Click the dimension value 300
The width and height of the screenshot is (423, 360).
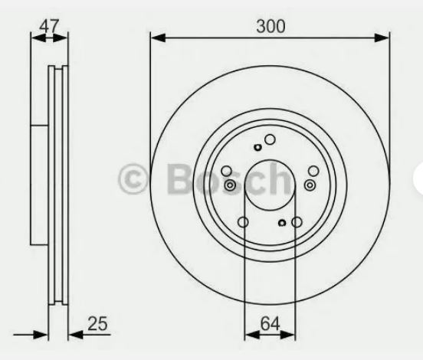(x=271, y=27)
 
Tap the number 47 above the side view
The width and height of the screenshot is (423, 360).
(x=49, y=26)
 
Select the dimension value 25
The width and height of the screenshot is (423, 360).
(x=97, y=323)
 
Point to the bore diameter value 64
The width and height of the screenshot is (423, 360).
(x=270, y=323)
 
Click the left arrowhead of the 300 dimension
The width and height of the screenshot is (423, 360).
(x=158, y=38)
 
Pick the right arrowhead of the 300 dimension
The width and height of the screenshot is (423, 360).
(x=382, y=38)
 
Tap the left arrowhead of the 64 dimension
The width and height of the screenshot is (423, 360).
(x=252, y=335)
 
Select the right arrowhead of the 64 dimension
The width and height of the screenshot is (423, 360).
(x=288, y=335)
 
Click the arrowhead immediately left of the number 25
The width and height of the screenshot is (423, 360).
(x=76, y=335)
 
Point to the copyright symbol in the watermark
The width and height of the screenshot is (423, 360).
(x=132, y=178)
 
